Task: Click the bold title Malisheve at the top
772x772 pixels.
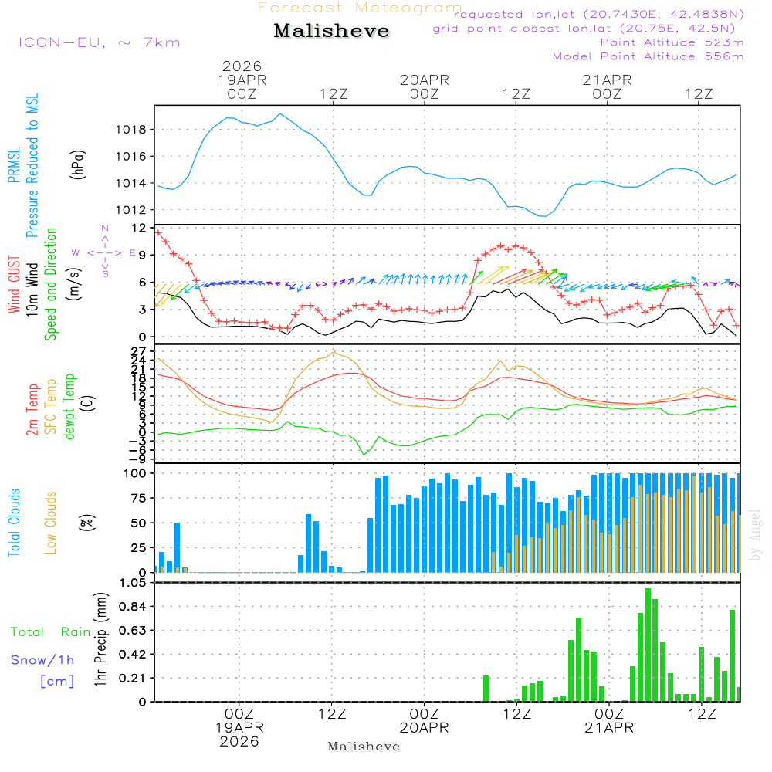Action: pyautogui.click(x=331, y=32)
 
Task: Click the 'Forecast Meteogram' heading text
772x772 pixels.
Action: pyautogui.click(x=360, y=8)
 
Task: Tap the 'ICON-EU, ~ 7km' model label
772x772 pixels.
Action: pyautogui.click(x=99, y=42)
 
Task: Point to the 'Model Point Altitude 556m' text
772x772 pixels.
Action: pyautogui.click(x=648, y=56)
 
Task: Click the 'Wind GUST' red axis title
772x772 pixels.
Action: pyautogui.click(x=15, y=284)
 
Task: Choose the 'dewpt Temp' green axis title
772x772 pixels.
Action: pyautogui.click(x=69, y=407)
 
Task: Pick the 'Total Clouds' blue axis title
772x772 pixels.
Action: pyautogui.click(x=15, y=523)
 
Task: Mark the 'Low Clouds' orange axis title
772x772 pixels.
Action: pyautogui.click(x=52, y=523)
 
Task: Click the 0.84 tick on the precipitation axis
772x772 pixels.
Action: pyautogui.click(x=131, y=607)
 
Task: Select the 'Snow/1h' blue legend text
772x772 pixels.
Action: pyautogui.click(x=43, y=660)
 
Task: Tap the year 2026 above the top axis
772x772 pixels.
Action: pyautogui.click(x=242, y=66)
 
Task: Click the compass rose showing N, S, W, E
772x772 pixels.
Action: pyautogui.click(x=104, y=252)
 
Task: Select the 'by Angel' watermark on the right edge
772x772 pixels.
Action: pyautogui.click(x=755, y=535)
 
